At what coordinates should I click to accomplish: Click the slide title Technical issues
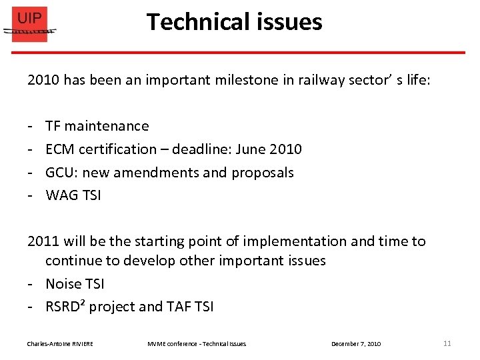(234, 22)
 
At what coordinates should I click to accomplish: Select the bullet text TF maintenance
(97, 126)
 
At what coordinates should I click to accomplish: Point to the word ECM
(60, 149)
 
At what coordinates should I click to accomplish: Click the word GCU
(60, 173)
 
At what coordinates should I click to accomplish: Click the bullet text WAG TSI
(73, 196)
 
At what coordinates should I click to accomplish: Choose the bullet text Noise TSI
(75, 284)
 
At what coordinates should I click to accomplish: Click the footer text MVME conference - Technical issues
(197, 344)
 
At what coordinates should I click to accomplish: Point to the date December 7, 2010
(356, 344)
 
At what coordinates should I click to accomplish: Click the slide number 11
(447, 343)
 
